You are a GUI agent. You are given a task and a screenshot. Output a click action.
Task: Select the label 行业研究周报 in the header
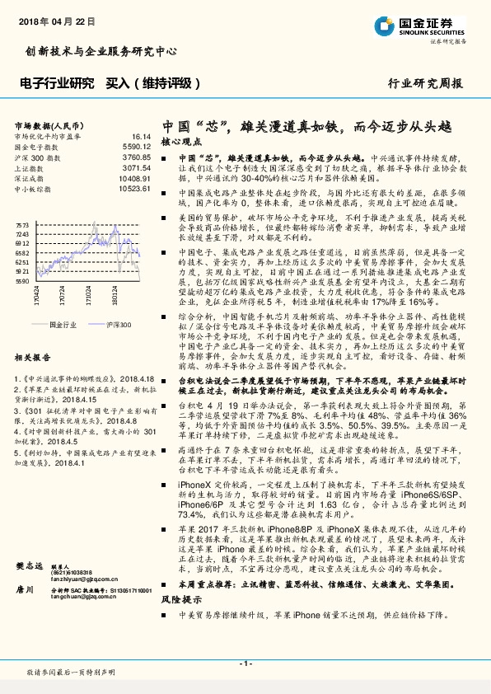click(x=424, y=84)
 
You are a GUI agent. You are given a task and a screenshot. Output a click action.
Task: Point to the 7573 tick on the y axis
click(x=22, y=224)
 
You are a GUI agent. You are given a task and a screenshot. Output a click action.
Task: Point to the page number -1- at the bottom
click(x=245, y=664)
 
